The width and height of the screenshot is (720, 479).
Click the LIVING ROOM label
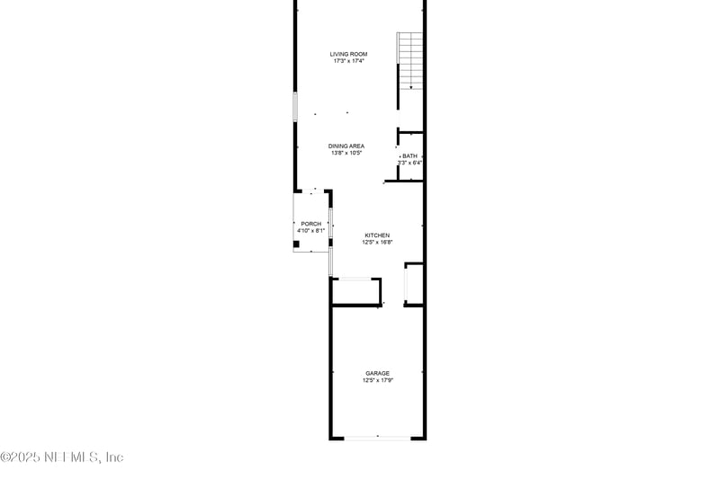point(347,55)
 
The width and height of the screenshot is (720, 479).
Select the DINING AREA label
point(346,146)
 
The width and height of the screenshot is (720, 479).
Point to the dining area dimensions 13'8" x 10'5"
point(346,154)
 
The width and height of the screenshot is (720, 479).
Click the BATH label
point(409,155)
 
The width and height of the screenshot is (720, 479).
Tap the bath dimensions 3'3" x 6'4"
point(409,163)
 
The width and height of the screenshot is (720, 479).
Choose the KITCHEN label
point(376,235)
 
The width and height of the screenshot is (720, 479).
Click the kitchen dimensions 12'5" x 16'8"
point(376,242)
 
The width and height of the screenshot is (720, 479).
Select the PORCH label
point(310,224)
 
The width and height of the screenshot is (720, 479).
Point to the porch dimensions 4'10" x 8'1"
point(310,231)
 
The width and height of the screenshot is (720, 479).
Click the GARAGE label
point(377,373)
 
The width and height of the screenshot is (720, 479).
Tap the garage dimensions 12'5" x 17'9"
point(377,380)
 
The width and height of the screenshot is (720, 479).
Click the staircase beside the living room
point(409,58)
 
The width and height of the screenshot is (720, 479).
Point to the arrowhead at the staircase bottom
point(410,87)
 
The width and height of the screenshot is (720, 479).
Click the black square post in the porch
point(298,244)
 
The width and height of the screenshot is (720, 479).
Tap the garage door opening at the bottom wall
point(377,438)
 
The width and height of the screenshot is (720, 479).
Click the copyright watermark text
point(62,457)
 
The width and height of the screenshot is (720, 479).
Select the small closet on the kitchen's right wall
point(413,284)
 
